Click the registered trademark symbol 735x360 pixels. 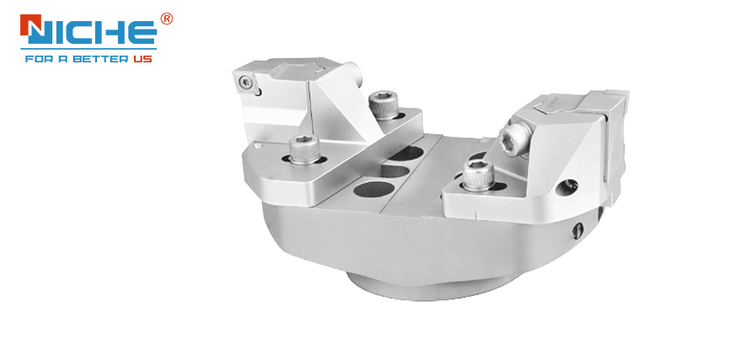(166, 19)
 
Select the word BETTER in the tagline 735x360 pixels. (99, 60)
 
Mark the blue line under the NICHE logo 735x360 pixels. (89, 48)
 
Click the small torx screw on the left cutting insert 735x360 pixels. (245, 83)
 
